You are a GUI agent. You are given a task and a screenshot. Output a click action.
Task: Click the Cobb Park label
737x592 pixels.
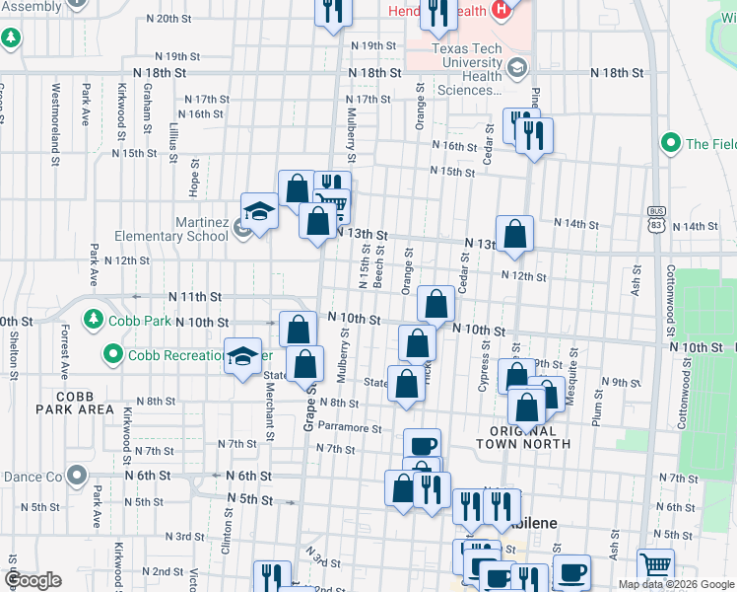point(136,320)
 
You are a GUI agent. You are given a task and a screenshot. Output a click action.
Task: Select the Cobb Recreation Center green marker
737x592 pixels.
point(113,353)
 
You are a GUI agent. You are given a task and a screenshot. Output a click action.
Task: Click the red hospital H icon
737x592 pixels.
point(502,11)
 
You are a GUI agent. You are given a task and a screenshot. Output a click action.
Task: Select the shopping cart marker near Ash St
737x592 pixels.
point(655,565)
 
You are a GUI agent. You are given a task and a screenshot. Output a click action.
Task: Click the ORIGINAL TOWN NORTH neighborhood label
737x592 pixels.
point(530,437)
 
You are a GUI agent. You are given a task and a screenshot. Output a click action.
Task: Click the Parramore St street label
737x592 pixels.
point(349,428)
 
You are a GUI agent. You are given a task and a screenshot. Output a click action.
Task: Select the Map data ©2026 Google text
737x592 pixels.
point(675,583)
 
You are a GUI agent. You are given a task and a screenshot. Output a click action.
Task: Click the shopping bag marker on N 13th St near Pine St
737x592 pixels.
point(514,234)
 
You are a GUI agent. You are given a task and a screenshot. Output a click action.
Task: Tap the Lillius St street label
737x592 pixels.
point(172,137)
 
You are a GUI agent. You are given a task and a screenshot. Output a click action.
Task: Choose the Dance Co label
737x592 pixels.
point(32,477)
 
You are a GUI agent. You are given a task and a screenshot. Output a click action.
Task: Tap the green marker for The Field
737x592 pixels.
point(671,144)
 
